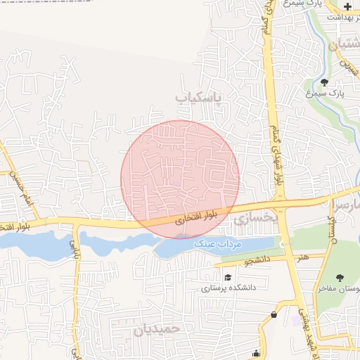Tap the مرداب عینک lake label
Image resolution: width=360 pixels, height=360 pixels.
pyautogui.click(x=218, y=243)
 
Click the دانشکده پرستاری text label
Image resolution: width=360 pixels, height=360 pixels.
pyautogui.click(x=229, y=288)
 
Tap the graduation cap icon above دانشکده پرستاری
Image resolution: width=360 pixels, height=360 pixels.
pyautogui.click(x=228, y=277)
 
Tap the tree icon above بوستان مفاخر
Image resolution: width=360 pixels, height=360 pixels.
pyautogui.click(x=340, y=278)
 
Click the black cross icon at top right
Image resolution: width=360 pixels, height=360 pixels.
pyautogui.click(x=347, y=6)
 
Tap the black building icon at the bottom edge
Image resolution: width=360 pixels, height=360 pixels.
pyautogui.click(x=257, y=354)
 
